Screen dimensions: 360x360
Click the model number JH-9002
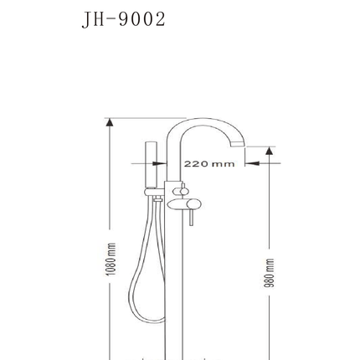(x=124, y=19)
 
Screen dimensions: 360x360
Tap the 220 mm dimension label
(x=209, y=163)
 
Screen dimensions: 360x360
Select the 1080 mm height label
(x=111, y=259)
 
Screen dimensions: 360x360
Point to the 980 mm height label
(x=270, y=273)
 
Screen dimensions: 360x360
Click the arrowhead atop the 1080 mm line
(x=110, y=122)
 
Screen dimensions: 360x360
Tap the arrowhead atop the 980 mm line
(x=269, y=151)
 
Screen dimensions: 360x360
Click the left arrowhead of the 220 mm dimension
(x=160, y=163)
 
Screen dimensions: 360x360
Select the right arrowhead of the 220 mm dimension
(x=252, y=163)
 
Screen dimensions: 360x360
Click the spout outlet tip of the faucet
(x=237, y=144)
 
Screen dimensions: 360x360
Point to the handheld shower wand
(x=151, y=165)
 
